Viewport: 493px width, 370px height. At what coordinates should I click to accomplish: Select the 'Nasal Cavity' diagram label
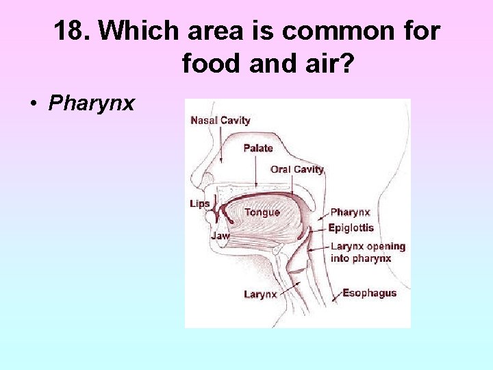click(220, 121)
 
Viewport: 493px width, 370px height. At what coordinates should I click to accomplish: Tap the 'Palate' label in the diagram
click(258, 148)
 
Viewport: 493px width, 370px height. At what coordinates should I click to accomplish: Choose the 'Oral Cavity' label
click(297, 169)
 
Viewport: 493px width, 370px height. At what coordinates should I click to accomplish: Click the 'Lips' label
click(200, 203)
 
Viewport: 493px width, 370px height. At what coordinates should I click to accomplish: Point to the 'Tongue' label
click(262, 212)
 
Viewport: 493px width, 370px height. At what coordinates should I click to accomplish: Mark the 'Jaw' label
click(220, 235)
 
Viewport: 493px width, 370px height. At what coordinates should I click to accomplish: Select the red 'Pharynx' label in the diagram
click(350, 212)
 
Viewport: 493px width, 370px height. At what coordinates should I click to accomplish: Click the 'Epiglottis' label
click(351, 228)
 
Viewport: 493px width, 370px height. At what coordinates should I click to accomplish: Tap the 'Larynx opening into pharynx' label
click(368, 252)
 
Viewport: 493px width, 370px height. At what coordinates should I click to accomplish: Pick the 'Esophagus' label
click(370, 293)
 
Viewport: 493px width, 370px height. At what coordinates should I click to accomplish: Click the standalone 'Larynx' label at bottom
click(261, 295)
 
